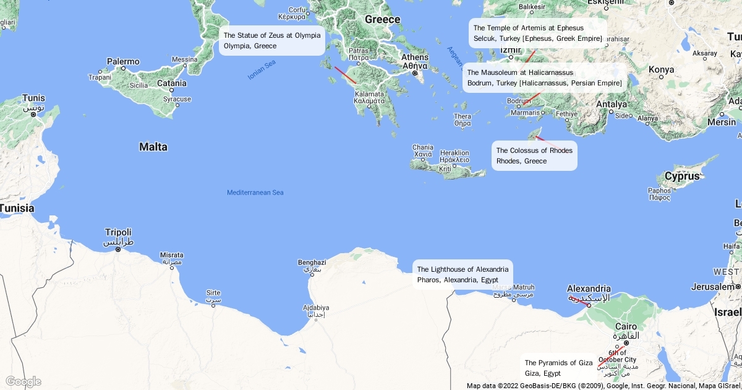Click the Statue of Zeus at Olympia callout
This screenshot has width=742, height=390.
point(272,41)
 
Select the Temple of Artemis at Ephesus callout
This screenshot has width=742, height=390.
point(537,33)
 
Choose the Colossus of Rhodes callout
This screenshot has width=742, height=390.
point(534,155)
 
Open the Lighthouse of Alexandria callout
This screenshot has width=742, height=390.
point(463,274)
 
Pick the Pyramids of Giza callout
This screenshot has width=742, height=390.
point(558,368)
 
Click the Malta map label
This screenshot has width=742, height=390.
point(153,147)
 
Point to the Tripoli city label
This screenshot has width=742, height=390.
point(118,233)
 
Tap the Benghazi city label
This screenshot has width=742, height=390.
point(312,262)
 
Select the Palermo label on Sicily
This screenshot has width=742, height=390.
point(123,62)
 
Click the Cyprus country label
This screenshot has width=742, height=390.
point(682,176)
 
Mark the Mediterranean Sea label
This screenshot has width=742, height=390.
point(255,193)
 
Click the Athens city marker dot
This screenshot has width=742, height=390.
point(416,74)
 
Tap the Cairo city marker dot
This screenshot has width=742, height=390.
point(626,342)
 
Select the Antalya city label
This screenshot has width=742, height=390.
point(612,104)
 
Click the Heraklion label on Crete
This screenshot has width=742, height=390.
point(454,153)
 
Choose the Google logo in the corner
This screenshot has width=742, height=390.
point(23,381)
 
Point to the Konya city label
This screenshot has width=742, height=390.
point(661,69)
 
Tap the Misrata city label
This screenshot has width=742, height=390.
point(171,255)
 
